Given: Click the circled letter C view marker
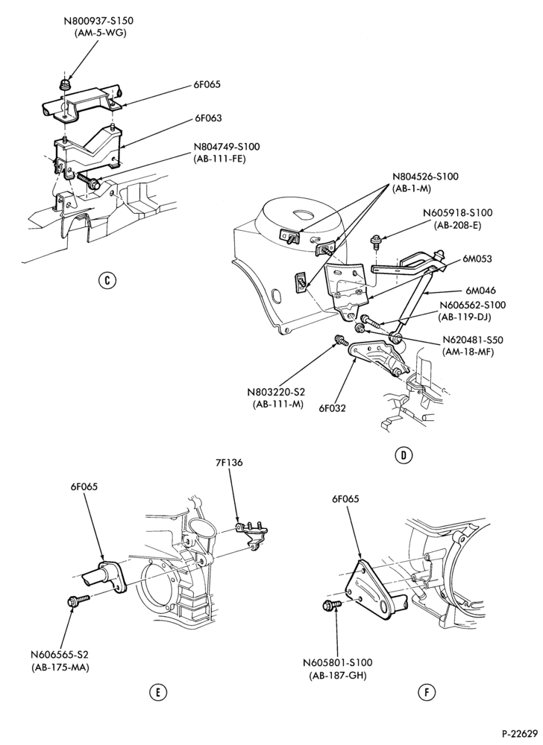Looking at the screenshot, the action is point(107,280).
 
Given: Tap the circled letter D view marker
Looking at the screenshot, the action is point(404,455).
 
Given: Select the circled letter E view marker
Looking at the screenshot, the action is point(158,692).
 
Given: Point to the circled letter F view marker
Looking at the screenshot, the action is point(427,692).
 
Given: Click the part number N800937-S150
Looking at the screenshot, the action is point(98,21).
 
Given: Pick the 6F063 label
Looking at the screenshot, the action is point(207,118).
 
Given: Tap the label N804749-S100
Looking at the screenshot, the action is point(227,147).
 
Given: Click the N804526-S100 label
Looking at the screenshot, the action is point(426,177).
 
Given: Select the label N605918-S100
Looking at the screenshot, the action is point(457,212).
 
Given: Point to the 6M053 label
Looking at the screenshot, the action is point(477,259).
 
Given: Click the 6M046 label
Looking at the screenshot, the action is point(477,290).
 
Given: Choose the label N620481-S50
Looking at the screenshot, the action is point(473,340).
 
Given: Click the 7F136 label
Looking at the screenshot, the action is point(227,462).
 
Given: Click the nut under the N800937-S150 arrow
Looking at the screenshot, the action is point(65,86).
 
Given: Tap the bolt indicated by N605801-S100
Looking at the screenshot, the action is point(332,605).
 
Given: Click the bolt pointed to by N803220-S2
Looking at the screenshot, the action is point(342,340).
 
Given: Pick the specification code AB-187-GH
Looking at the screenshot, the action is point(338,675).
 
